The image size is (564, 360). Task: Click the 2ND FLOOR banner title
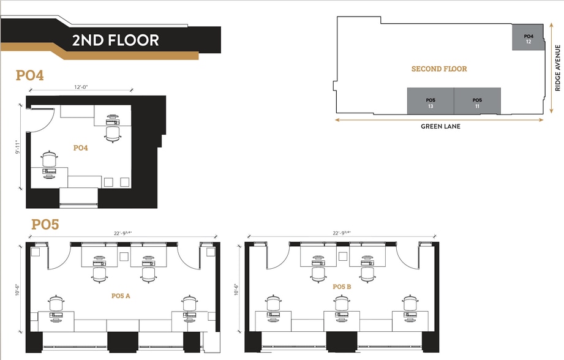(x=115, y=40)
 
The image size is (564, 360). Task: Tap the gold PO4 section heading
(x=29, y=76)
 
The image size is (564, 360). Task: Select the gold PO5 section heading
(x=45, y=225)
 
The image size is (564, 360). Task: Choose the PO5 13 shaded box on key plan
(x=430, y=102)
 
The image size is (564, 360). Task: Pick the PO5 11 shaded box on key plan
(x=477, y=102)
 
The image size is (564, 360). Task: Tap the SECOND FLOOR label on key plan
(x=439, y=69)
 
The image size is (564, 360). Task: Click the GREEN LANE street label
(x=440, y=127)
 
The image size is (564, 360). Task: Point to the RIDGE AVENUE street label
(x=557, y=67)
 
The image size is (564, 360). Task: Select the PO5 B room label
(x=342, y=287)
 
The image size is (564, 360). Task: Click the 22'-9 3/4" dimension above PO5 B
(x=341, y=233)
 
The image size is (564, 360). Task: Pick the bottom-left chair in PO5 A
(x=56, y=302)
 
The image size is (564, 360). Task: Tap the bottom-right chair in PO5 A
(x=189, y=302)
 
